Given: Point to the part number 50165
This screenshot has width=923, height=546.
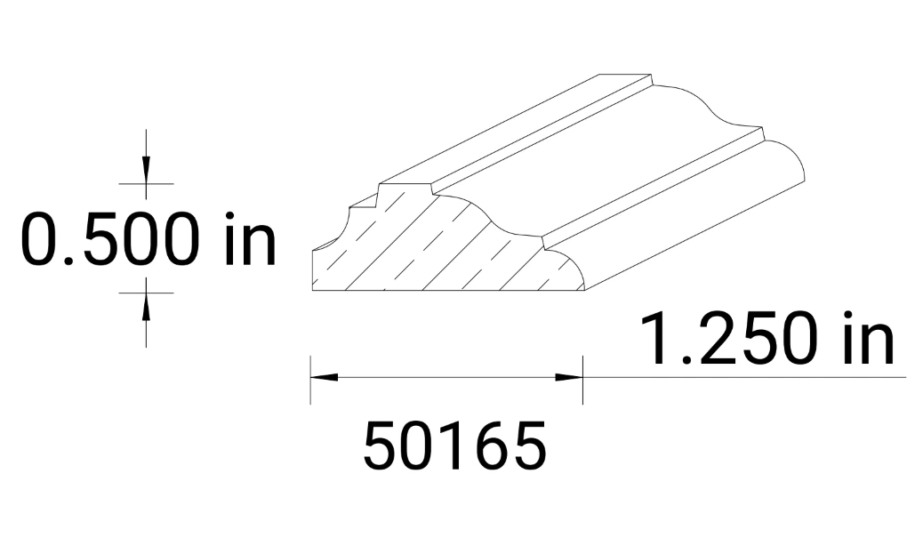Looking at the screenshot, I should click(454, 446).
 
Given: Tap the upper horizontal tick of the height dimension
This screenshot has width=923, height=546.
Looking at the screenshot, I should click(146, 183).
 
